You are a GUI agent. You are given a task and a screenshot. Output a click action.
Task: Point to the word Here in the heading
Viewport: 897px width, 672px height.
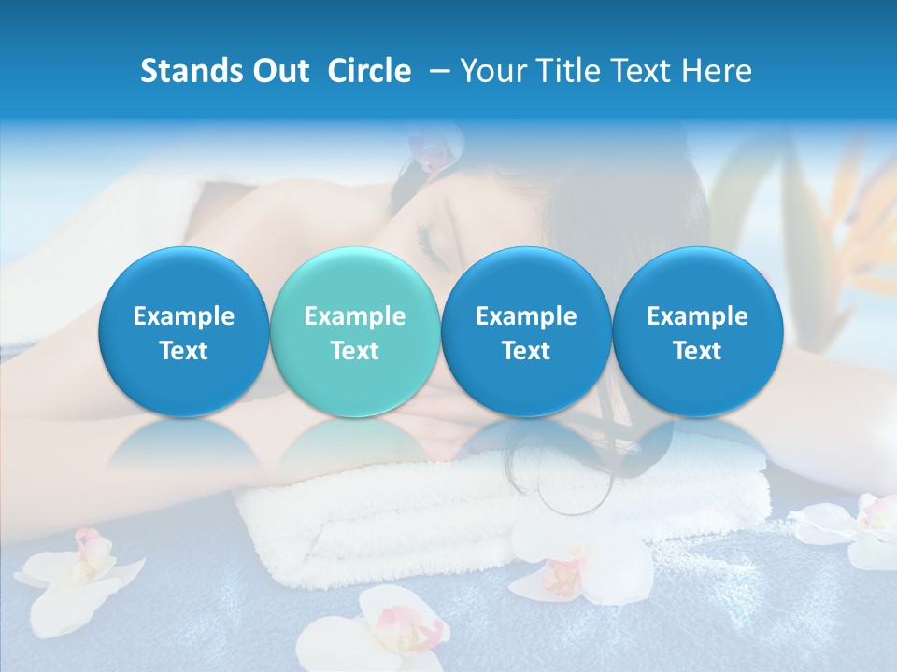716,71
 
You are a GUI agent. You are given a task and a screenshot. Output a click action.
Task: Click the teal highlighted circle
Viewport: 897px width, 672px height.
355,332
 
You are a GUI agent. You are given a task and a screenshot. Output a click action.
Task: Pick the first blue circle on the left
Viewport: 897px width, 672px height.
184,332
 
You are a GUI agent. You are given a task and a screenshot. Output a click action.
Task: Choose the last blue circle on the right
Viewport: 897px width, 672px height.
697,332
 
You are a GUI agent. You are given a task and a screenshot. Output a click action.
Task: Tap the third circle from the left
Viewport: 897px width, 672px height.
526,332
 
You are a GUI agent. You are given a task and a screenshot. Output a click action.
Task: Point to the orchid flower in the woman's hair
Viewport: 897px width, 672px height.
433,152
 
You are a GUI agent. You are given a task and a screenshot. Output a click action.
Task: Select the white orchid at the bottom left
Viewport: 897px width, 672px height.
79,574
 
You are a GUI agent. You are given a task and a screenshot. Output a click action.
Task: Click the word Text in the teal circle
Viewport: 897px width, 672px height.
355,351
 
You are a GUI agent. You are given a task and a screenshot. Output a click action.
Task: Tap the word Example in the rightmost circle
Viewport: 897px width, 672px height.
697,316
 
